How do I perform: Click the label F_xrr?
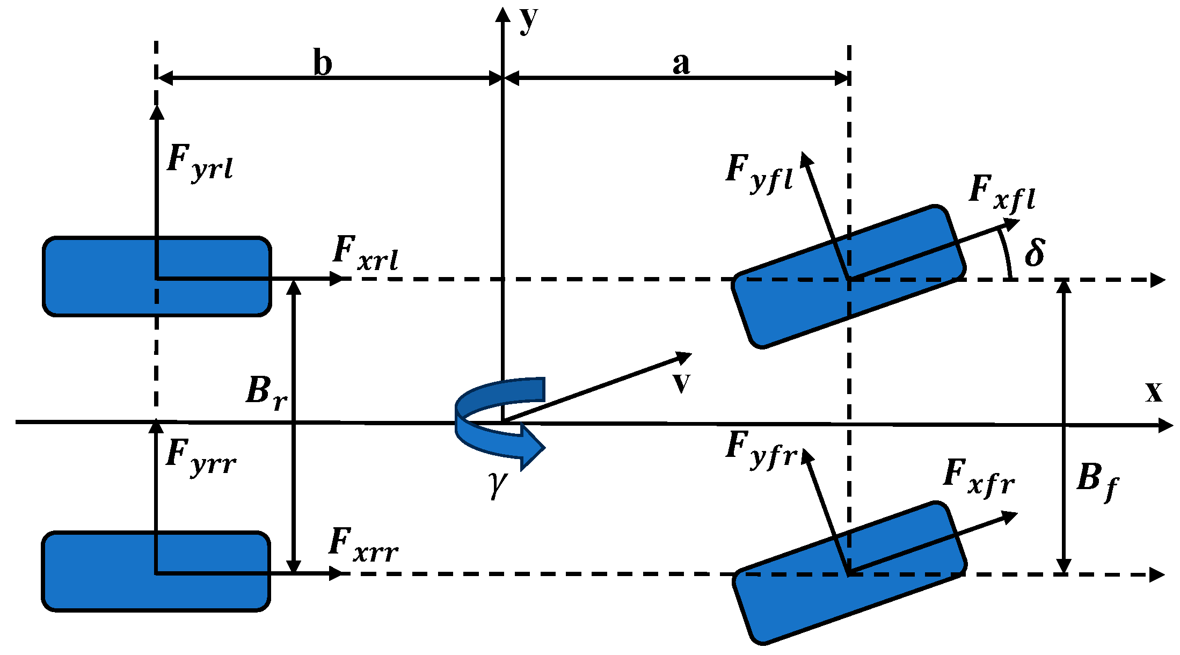[363, 546]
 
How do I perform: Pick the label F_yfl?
[759, 173]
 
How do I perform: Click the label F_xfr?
[979, 478]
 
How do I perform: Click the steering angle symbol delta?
[1035, 252]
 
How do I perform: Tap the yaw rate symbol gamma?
[498, 483]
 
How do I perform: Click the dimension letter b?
[323, 63]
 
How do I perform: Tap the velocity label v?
[681, 382]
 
